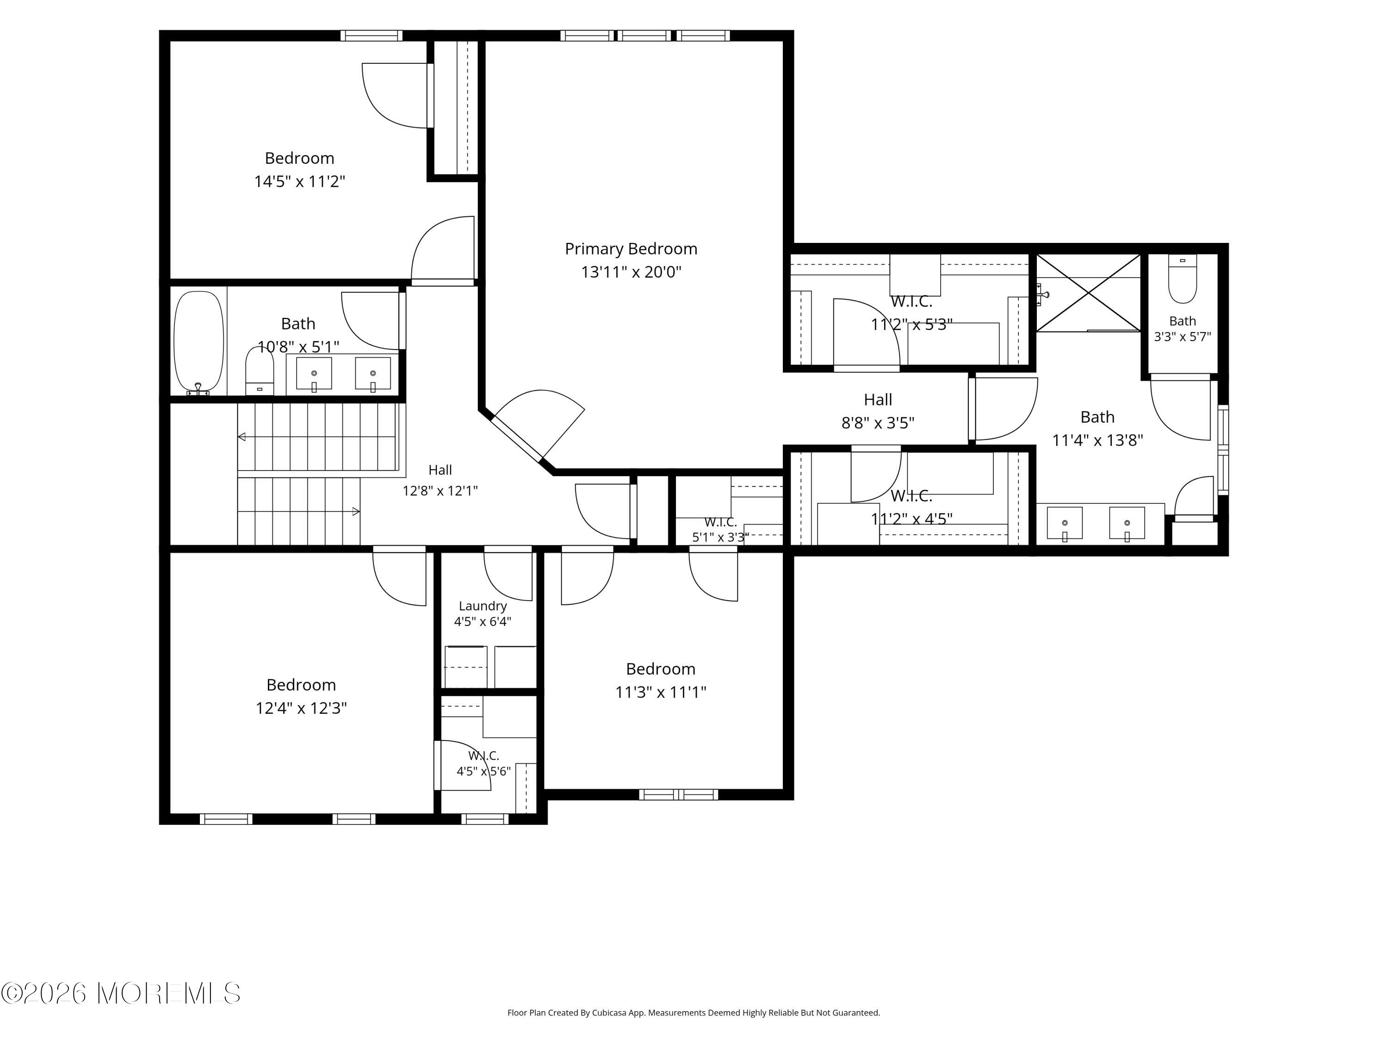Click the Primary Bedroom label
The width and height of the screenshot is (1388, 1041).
point(631,249)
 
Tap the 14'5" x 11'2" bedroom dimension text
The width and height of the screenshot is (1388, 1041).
point(299,181)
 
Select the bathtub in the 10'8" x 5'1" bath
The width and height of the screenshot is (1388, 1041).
point(198,343)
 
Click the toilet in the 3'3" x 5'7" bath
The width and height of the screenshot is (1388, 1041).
point(1182,279)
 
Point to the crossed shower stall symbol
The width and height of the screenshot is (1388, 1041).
point(1088,292)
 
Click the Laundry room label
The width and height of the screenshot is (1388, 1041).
point(483,606)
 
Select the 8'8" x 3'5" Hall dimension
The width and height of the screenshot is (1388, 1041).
point(878,423)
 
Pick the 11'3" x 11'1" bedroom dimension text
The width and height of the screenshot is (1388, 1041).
point(661,692)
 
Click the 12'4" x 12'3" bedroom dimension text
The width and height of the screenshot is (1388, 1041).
point(301,708)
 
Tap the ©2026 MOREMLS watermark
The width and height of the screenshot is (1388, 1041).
point(120,993)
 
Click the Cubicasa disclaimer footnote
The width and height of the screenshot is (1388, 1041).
point(694,1013)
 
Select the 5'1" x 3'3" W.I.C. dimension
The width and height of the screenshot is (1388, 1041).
point(720,537)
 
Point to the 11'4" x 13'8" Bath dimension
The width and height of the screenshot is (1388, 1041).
point(1097,440)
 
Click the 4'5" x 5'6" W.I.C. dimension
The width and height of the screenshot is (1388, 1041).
point(484,771)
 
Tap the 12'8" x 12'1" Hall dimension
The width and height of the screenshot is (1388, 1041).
point(440,491)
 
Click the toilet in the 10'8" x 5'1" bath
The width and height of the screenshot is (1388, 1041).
point(259,371)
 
